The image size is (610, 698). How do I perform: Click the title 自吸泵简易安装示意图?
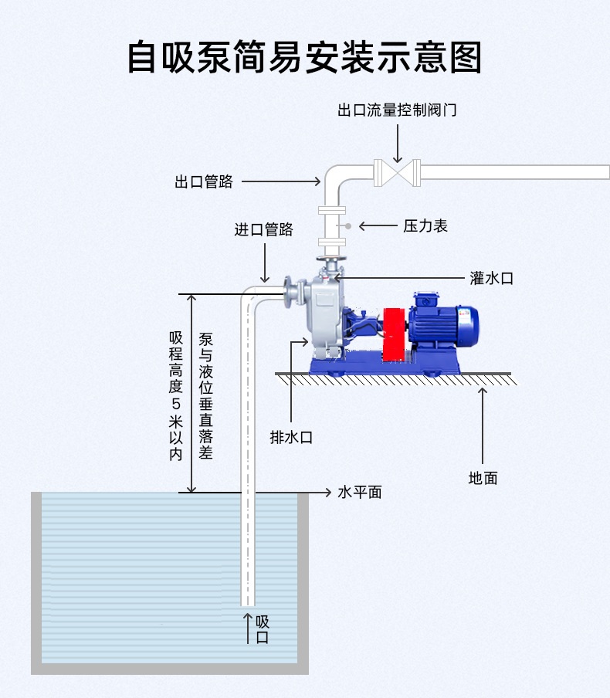[x=304, y=57]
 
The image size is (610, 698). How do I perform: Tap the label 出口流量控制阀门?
[x=397, y=110]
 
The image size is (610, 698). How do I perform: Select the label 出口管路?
[x=203, y=182]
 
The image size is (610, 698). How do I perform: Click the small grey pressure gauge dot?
[x=348, y=226]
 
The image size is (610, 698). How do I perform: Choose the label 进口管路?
[x=264, y=229]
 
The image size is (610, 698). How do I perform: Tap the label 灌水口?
[x=492, y=278]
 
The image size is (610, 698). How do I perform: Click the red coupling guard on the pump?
[x=395, y=334]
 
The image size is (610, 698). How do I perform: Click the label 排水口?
[x=291, y=437]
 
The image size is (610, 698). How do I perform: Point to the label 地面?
[x=483, y=478]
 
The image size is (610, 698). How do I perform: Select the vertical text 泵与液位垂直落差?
[x=205, y=396]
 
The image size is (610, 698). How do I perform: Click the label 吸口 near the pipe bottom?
[x=263, y=629]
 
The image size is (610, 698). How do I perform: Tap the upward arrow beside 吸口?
[x=248, y=627]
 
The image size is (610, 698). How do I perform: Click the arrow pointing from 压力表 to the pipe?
[x=378, y=226]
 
